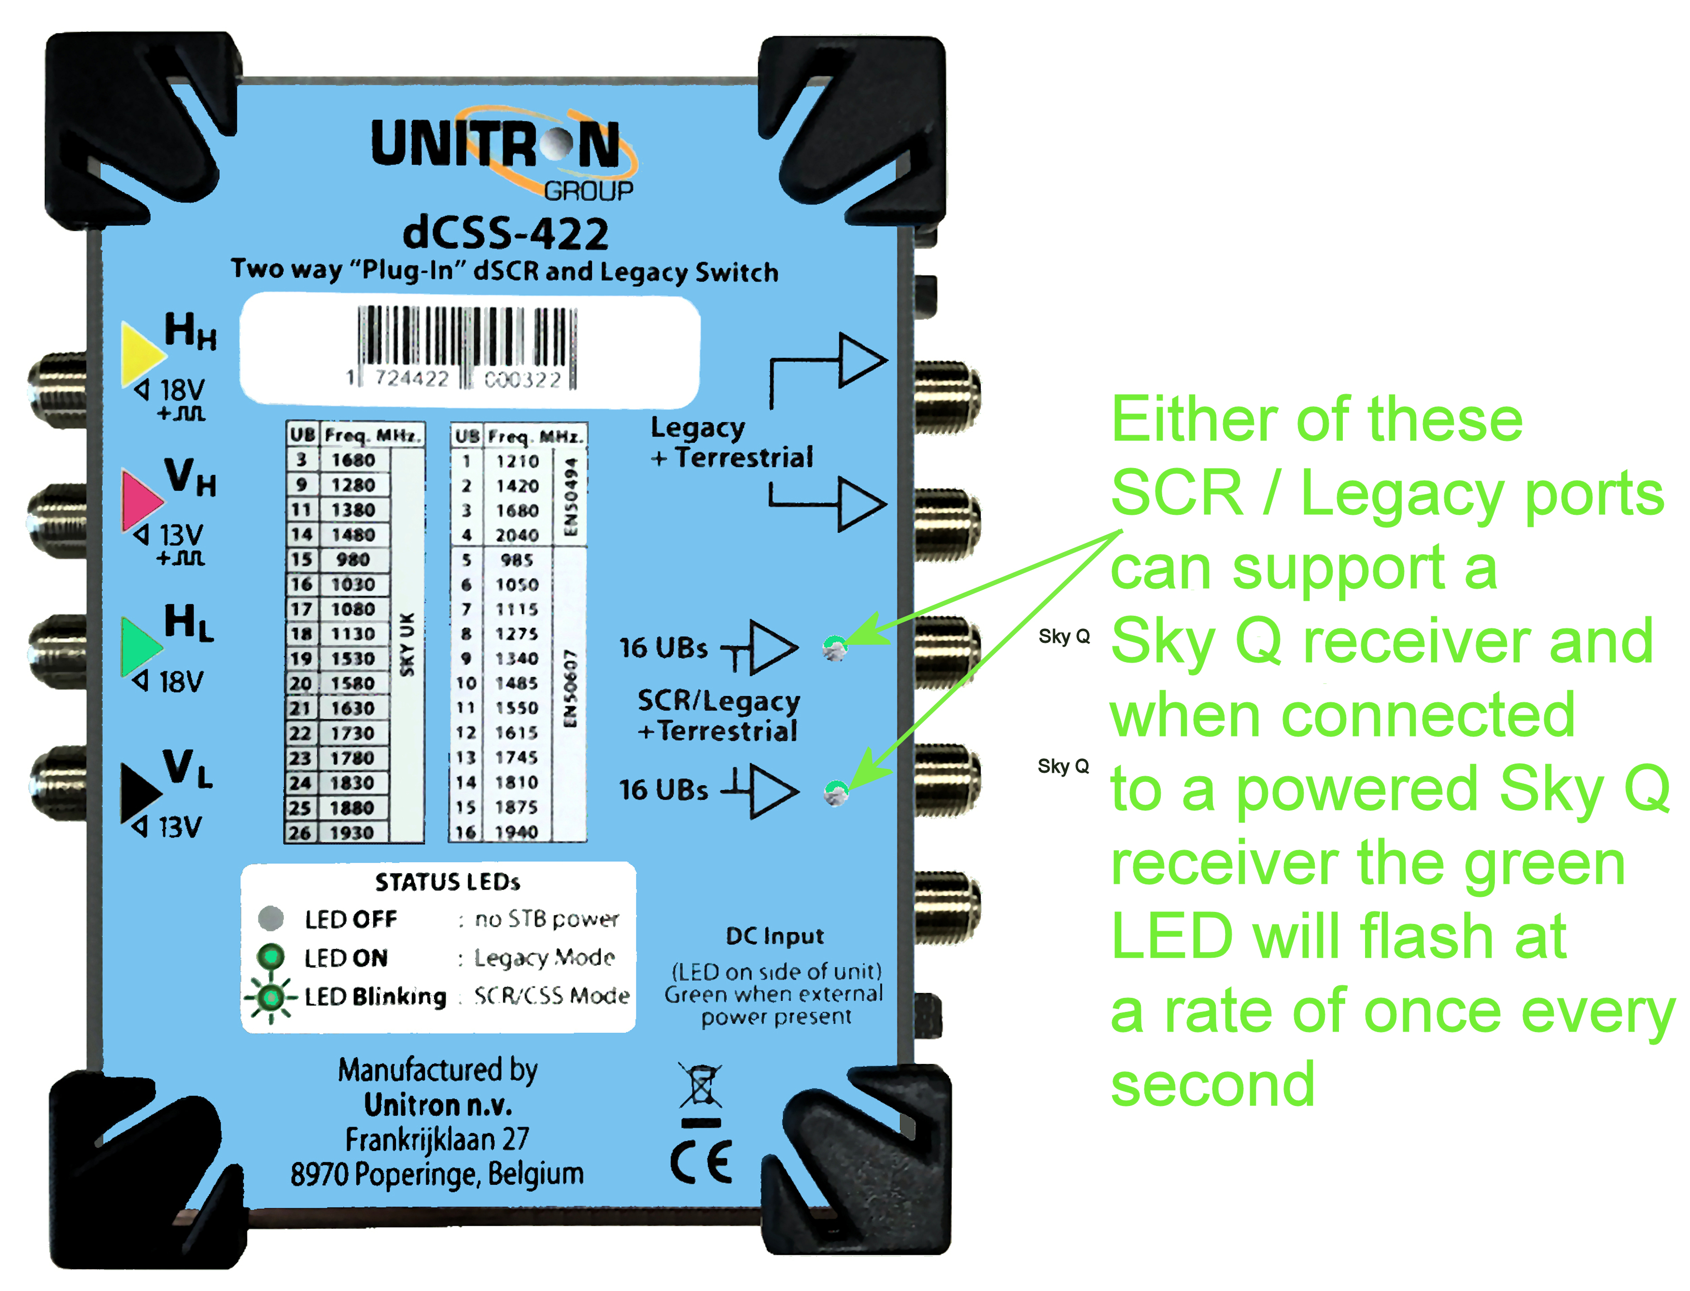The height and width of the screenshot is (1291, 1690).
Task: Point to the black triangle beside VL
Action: coord(138,792)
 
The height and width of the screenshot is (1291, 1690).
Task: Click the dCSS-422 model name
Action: coord(506,233)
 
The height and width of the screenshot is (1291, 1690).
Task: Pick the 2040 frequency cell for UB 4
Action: coord(517,535)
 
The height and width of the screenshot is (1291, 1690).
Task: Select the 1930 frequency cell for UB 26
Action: coord(352,832)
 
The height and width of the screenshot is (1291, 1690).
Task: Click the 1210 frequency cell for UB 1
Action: coord(517,461)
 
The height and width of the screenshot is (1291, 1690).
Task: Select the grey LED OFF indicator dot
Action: coord(270,918)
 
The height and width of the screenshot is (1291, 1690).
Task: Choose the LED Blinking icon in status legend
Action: coord(270,997)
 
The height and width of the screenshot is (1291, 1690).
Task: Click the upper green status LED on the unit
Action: coord(835,648)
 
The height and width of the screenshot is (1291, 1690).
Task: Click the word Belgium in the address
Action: coord(535,1174)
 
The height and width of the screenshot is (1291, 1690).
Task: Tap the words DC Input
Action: coord(775,936)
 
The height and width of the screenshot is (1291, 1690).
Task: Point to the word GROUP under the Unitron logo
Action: coord(589,191)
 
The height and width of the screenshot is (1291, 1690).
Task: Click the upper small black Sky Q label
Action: coord(1064,636)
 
